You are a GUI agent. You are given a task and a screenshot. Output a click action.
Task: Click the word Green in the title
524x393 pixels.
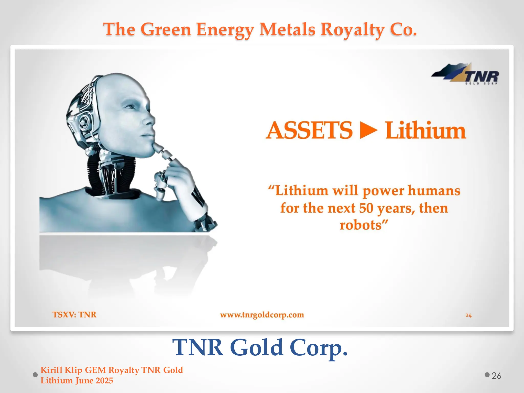(x=166, y=29)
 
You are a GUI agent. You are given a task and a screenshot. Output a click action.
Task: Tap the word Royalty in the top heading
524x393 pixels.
(x=352, y=29)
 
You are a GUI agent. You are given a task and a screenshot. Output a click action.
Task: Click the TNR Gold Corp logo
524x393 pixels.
(x=465, y=74)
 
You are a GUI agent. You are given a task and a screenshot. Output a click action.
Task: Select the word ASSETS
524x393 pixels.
(x=309, y=130)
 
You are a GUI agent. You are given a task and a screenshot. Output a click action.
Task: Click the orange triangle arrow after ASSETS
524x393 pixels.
(x=368, y=130)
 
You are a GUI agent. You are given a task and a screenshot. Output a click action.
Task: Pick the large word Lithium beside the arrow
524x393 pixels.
(x=425, y=130)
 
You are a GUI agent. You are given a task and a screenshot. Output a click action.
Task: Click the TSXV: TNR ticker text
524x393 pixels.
(x=74, y=314)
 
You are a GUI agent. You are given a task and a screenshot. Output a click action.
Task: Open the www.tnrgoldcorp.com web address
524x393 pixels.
(x=262, y=315)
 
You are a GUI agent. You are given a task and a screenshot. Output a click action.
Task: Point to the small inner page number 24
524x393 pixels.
(x=468, y=315)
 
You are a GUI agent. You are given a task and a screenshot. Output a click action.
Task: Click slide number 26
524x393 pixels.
(x=496, y=376)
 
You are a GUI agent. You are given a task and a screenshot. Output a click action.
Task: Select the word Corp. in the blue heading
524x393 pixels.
(x=319, y=348)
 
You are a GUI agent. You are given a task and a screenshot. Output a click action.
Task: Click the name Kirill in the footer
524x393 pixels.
(x=51, y=370)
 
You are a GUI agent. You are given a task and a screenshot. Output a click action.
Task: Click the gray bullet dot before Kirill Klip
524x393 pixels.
(x=35, y=375)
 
